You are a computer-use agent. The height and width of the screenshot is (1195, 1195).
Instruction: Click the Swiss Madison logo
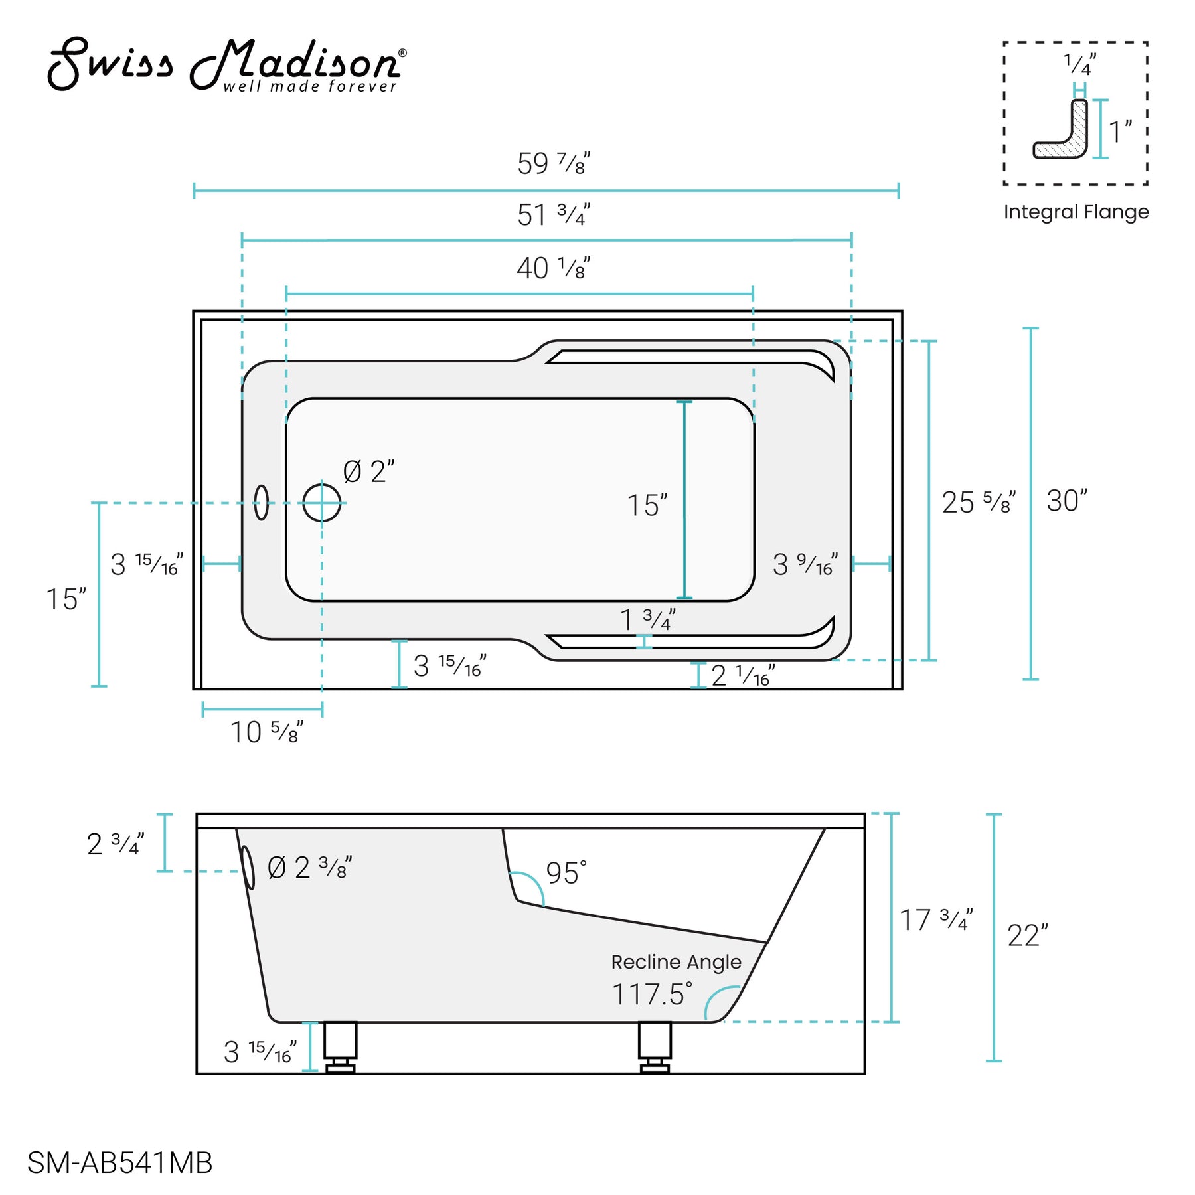tap(226, 64)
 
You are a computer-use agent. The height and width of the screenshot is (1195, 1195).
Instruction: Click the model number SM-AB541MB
tap(119, 1162)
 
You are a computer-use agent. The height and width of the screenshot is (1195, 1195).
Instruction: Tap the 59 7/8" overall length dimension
tap(553, 164)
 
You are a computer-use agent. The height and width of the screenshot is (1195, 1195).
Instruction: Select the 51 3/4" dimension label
tap(553, 215)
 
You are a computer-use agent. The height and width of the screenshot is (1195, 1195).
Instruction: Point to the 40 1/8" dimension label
tap(553, 268)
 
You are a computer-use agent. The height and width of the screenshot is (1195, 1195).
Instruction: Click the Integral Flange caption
tap(1075, 212)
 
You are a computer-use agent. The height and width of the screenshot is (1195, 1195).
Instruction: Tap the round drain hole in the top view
tap(322, 503)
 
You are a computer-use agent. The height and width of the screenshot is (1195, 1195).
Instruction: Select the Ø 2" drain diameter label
tap(368, 472)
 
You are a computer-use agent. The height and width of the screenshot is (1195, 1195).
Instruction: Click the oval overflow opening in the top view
tap(262, 503)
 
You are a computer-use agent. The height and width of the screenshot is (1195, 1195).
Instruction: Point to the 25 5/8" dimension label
tap(978, 503)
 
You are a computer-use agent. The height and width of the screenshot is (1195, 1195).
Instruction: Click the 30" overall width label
tap(1066, 501)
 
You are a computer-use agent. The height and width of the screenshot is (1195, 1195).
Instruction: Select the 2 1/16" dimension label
tap(742, 676)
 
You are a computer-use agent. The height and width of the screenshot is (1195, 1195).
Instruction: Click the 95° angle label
tap(566, 873)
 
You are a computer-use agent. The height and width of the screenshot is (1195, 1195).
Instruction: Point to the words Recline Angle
tap(676, 962)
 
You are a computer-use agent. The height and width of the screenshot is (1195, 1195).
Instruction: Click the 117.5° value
tap(652, 995)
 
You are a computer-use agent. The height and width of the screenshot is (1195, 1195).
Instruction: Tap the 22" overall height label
tap(1027, 936)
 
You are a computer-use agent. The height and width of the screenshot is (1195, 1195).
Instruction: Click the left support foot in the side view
tap(340, 1048)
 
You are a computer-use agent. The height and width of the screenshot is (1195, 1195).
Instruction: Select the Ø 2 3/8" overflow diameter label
tap(309, 868)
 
